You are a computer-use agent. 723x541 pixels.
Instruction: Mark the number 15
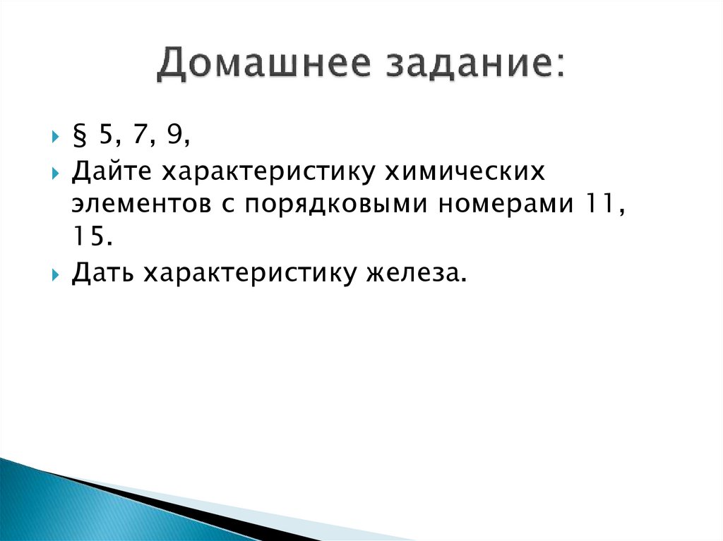[x=88, y=237]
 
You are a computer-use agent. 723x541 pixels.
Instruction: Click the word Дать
[x=104, y=272]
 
